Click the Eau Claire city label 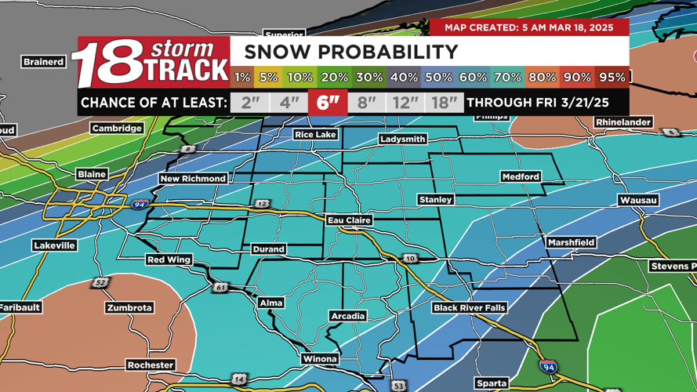[x=349, y=220]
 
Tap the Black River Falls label [x=470, y=308]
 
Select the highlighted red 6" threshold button [x=328, y=103]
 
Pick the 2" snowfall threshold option [x=250, y=103]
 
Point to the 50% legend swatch [x=438, y=78]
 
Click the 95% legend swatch [x=612, y=78]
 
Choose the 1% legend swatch [x=242, y=78]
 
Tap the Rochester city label [x=151, y=365]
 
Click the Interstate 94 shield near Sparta [x=549, y=367]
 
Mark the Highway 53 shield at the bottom [x=399, y=386]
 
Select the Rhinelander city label [x=623, y=122]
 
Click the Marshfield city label [x=571, y=242]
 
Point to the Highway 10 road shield [x=410, y=258]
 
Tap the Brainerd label [x=44, y=61]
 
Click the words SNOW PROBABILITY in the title [x=351, y=53]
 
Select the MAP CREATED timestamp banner [x=529, y=27]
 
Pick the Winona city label [x=320, y=358]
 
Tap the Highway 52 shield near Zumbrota [x=100, y=282]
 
